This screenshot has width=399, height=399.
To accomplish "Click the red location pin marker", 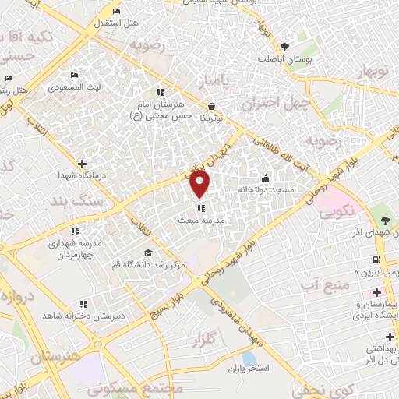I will click(x=200, y=184).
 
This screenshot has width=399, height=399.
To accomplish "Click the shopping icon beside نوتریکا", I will click(x=212, y=106).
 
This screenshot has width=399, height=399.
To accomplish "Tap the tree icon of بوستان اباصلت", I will click(x=285, y=46).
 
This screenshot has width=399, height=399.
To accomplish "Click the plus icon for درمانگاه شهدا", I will click(x=83, y=164).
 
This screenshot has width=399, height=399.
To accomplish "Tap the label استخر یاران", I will click(x=250, y=366).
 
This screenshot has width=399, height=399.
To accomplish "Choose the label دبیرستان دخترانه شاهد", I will click(x=74, y=314).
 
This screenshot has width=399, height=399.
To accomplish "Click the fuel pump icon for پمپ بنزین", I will click(x=377, y=260).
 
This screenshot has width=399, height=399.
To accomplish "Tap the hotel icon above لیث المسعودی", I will click(x=75, y=76).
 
